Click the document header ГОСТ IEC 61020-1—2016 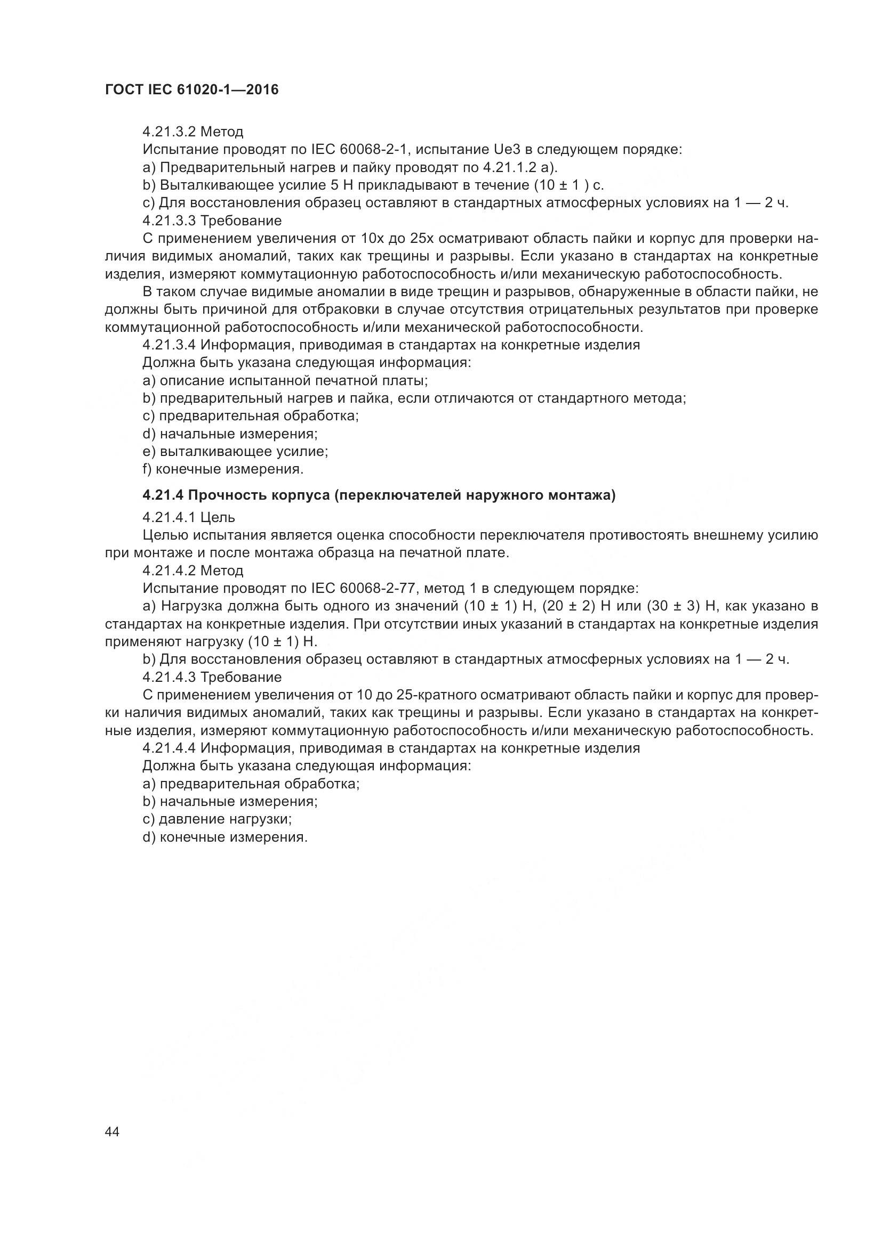192,89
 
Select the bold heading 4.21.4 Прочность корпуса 379,495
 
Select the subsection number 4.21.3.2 169,132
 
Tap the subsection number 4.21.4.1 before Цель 169,517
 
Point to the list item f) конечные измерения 223,469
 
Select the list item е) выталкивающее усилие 235,451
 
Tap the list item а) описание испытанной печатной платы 285,380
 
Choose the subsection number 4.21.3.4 169,345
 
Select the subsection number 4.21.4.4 169,748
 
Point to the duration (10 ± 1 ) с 568,185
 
